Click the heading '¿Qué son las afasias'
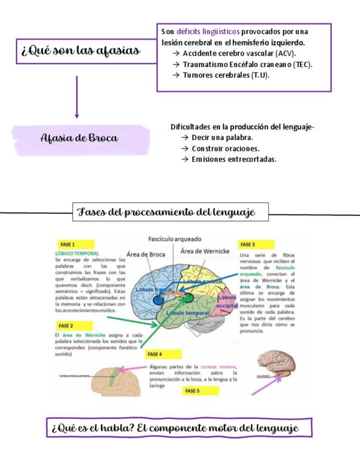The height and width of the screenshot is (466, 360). coord(80,52)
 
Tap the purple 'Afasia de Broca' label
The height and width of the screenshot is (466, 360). coord(80,138)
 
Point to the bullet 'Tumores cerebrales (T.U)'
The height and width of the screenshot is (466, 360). coord(226,75)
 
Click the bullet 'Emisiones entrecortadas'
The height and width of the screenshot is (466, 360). coord(234,159)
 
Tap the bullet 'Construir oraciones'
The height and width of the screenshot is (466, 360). coord(225,148)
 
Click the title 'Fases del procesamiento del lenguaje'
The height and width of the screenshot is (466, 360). coord(171,212)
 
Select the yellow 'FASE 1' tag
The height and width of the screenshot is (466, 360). coord(68,245)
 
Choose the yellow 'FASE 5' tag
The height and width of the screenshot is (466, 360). coord(192,391)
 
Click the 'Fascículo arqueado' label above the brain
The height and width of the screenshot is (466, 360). coord(175,239)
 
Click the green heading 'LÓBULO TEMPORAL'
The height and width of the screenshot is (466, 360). coord(77,253)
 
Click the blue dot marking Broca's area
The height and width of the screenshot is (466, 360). coord(158,300)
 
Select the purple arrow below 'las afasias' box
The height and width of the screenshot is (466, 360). coord(77,97)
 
